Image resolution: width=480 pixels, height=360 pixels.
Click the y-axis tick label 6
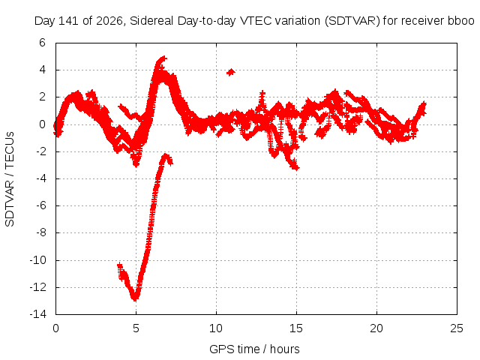(42, 43)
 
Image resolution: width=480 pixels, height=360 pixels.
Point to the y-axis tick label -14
(38, 314)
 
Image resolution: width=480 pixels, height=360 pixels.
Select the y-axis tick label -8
(40, 232)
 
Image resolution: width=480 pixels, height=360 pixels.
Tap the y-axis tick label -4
(40, 178)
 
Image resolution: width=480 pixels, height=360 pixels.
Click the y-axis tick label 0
(42, 124)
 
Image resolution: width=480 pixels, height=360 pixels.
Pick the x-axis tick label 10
(216, 328)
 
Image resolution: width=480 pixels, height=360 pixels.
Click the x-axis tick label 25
(457, 328)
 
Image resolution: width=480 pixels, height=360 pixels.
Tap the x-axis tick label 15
(296, 328)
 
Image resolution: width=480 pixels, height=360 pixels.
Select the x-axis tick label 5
(136, 328)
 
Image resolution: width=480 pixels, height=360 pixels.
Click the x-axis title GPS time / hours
(254, 349)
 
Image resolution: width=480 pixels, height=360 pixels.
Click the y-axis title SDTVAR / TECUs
(10, 179)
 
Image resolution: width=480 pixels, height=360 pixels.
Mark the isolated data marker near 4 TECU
(231, 72)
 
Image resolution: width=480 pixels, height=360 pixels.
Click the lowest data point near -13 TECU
(135, 298)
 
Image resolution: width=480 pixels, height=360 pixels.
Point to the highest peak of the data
(163, 58)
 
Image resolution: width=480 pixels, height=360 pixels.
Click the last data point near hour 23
(423, 105)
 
